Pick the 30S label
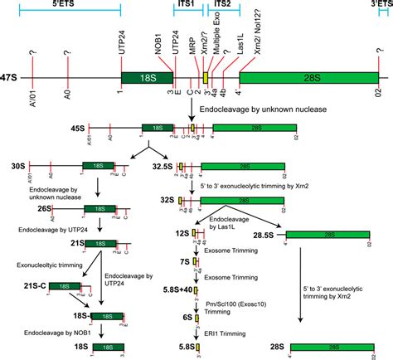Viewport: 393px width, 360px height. tap(12, 168)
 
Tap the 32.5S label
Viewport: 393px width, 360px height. tap(163, 168)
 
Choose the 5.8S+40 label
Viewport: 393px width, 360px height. tap(172, 289)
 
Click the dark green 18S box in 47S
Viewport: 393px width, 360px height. tap(146, 76)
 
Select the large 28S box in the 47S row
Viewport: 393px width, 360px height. tap(308, 76)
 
